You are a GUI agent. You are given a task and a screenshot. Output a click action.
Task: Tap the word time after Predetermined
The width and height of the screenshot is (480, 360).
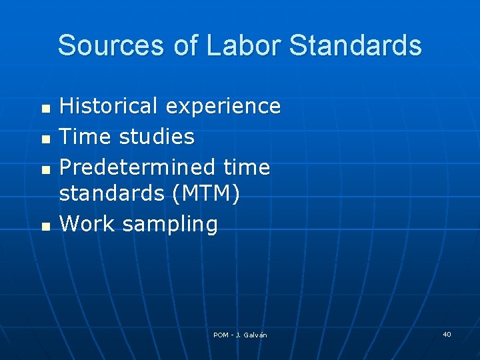[x=247, y=167]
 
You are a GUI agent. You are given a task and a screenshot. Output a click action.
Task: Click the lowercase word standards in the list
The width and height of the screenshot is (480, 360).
[x=111, y=193]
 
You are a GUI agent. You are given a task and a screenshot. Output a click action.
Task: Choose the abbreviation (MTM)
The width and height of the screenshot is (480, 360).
[x=205, y=194]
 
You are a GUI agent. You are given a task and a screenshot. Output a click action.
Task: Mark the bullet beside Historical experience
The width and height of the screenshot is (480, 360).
[x=45, y=107]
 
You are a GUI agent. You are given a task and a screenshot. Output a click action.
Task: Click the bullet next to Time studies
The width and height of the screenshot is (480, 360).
[x=45, y=138]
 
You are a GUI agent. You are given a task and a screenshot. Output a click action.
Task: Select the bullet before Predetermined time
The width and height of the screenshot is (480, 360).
[x=45, y=169]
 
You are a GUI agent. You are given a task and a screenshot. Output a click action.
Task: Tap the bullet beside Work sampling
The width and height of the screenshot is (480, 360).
[x=45, y=226]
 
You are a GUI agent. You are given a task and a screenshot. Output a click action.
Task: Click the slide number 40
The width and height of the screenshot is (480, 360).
[x=447, y=334]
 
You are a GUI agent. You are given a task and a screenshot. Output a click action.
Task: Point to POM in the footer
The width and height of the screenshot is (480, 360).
[x=221, y=335]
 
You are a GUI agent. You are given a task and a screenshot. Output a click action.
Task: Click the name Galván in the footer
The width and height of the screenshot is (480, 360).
[x=255, y=335]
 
